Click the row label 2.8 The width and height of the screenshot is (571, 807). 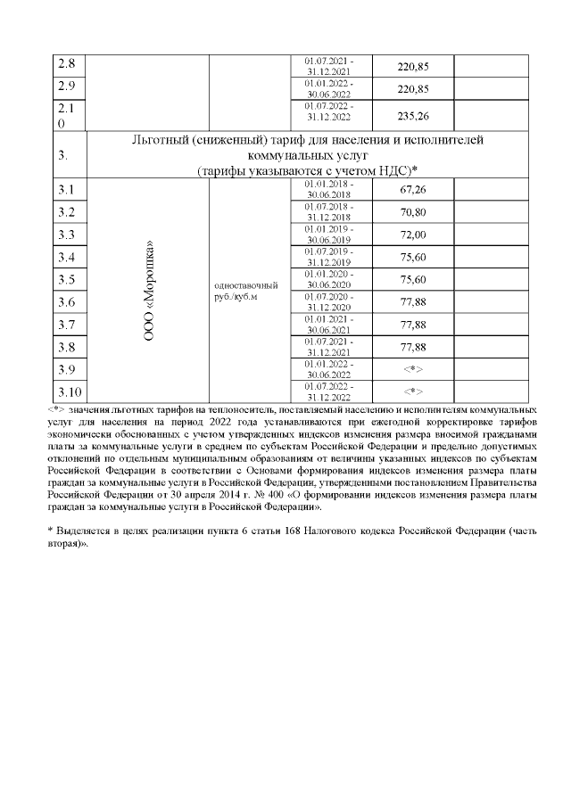click(66, 65)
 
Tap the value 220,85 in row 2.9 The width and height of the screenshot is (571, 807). click(412, 88)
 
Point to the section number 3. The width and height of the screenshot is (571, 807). click(63, 155)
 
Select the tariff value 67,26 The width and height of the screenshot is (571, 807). click(412, 190)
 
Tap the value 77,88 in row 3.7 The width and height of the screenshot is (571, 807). click(412, 324)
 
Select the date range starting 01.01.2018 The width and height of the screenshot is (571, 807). click(328, 190)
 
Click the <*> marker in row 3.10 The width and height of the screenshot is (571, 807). click(412, 391)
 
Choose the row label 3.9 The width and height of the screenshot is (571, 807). click(66, 368)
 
